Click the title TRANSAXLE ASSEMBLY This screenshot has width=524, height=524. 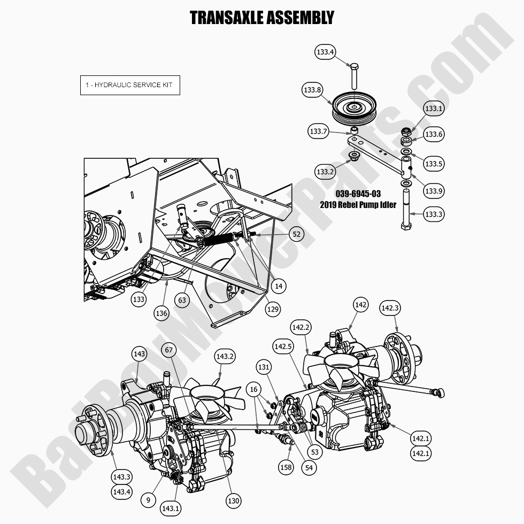click(261, 17)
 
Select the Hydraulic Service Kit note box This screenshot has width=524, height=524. click(130, 86)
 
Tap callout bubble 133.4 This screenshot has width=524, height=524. click(325, 52)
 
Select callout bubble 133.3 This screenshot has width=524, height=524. click(434, 214)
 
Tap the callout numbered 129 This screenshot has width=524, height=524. click(274, 309)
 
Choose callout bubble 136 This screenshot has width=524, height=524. click(161, 313)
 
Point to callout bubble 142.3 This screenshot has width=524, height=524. click(389, 309)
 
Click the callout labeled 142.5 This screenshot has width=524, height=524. click(283, 346)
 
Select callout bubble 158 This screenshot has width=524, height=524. click(286, 467)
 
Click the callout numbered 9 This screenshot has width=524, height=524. click(149, 501)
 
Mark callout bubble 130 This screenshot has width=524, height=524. click(233, 501)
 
